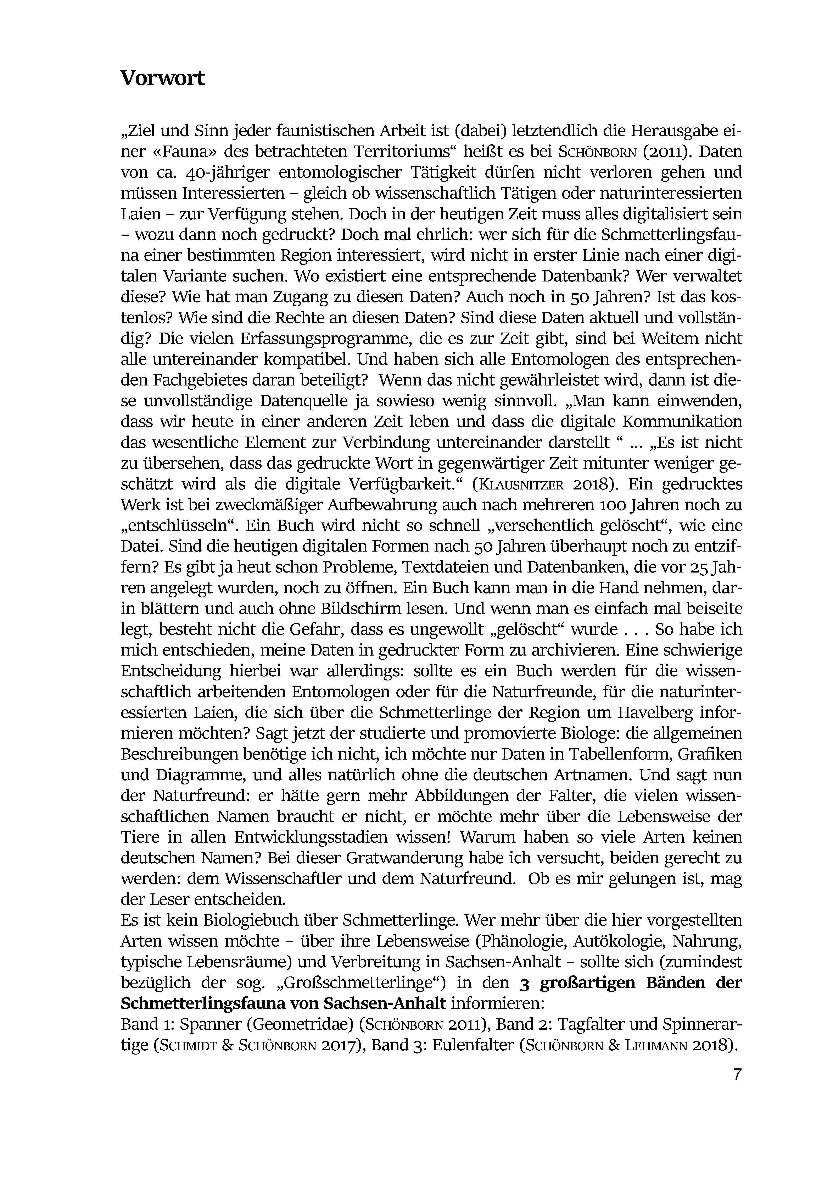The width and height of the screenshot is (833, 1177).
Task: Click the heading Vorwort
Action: click(163, 78)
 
